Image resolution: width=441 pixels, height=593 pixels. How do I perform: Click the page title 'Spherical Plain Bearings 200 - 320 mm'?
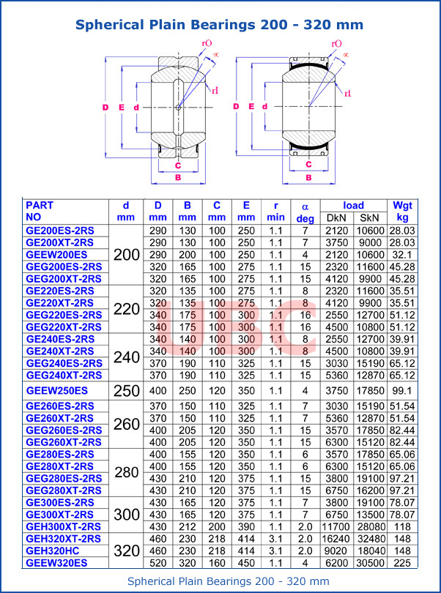tap(220, 25)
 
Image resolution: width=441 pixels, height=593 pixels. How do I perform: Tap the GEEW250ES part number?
tap(57, 390)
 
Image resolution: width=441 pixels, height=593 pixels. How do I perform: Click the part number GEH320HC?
tap(53, 551)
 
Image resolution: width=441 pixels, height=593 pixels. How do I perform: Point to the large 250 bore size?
tap(126, 390)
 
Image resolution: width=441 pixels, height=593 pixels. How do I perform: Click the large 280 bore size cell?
tap(126, 472)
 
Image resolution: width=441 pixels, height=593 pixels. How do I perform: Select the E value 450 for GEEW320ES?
tap(246, 563)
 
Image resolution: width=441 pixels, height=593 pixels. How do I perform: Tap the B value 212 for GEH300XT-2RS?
tap(187, 526)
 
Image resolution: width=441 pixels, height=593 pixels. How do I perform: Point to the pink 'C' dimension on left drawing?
tap(178, 165)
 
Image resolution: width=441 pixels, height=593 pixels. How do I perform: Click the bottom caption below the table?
tap(220, 581)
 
